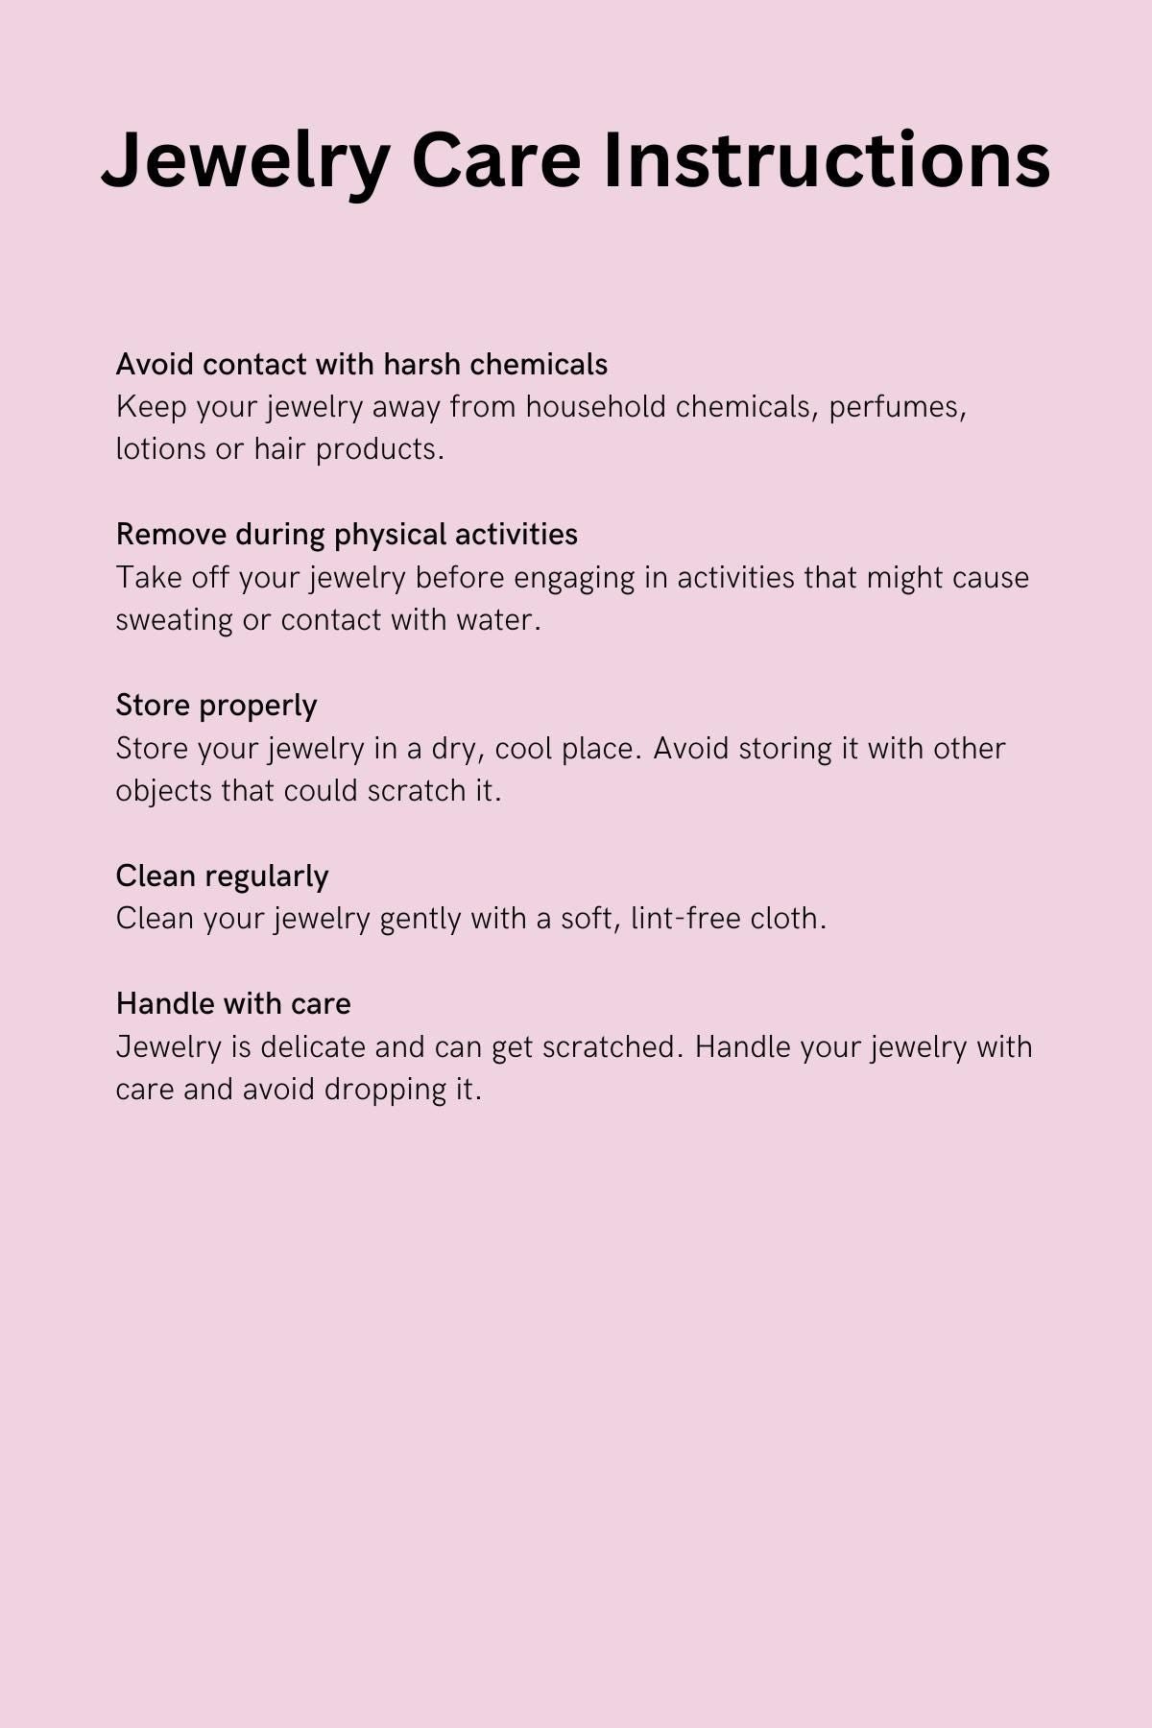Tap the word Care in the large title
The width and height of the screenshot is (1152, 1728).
click(495, 160)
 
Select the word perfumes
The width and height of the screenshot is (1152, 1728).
click(897, 407)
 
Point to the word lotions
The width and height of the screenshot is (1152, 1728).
click(161, 449)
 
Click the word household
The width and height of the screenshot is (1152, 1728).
click(595, 407)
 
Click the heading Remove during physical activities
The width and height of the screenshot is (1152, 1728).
click(347, 535)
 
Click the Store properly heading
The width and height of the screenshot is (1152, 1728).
click(216, 706)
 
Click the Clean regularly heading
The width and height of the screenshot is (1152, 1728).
click(222, 876)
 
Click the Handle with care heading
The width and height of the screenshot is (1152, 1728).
click(233, 1004)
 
